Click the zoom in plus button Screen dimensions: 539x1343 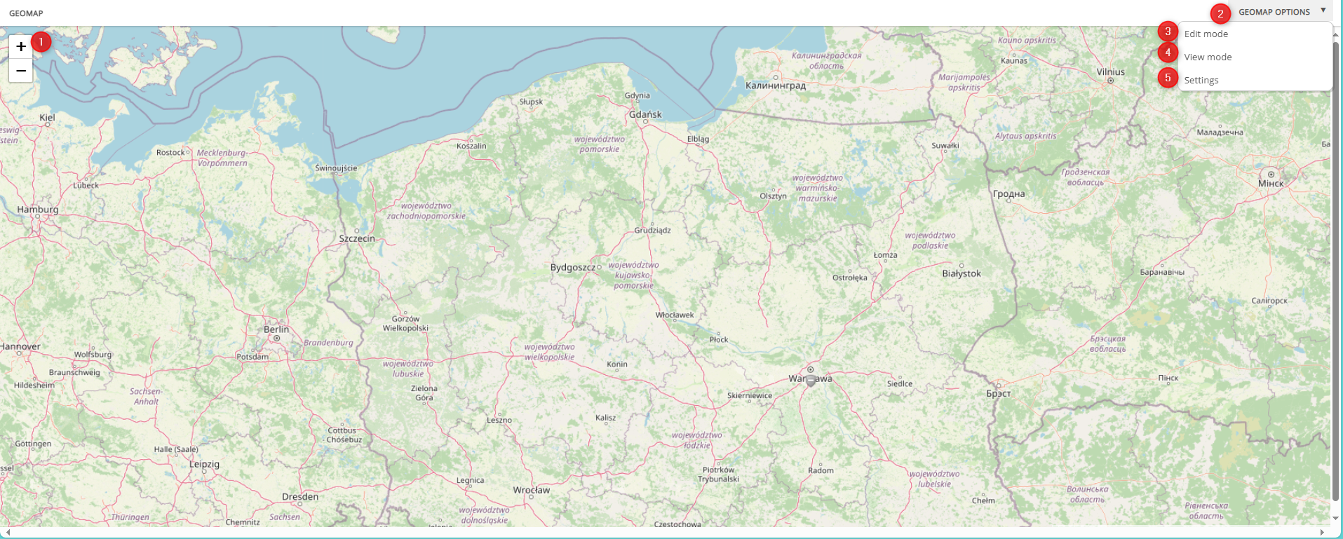point(21,46)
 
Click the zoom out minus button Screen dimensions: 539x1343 point(21,70)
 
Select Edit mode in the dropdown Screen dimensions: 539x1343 point(1206,34)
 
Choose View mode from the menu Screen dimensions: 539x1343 point(1208,57)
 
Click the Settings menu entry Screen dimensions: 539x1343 point(1201,80)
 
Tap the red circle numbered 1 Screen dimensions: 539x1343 point(41,42)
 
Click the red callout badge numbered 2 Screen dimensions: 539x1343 point(1220,13)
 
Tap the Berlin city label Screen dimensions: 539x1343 point(276,329)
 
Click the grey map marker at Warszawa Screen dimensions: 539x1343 point(811,381)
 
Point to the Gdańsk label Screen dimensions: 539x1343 point(645,114)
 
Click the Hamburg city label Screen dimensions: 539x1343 point(38,210)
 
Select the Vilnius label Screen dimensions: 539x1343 point(1110,72)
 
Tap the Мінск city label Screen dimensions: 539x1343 point(1271,184)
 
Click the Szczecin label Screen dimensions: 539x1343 point(357,238)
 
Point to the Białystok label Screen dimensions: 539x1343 point(961,273)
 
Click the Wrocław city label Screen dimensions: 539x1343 point(532,490)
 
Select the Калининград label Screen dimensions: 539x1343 point(776,86)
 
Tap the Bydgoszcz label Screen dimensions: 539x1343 point(573,267)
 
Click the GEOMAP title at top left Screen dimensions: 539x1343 point(26,13)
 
